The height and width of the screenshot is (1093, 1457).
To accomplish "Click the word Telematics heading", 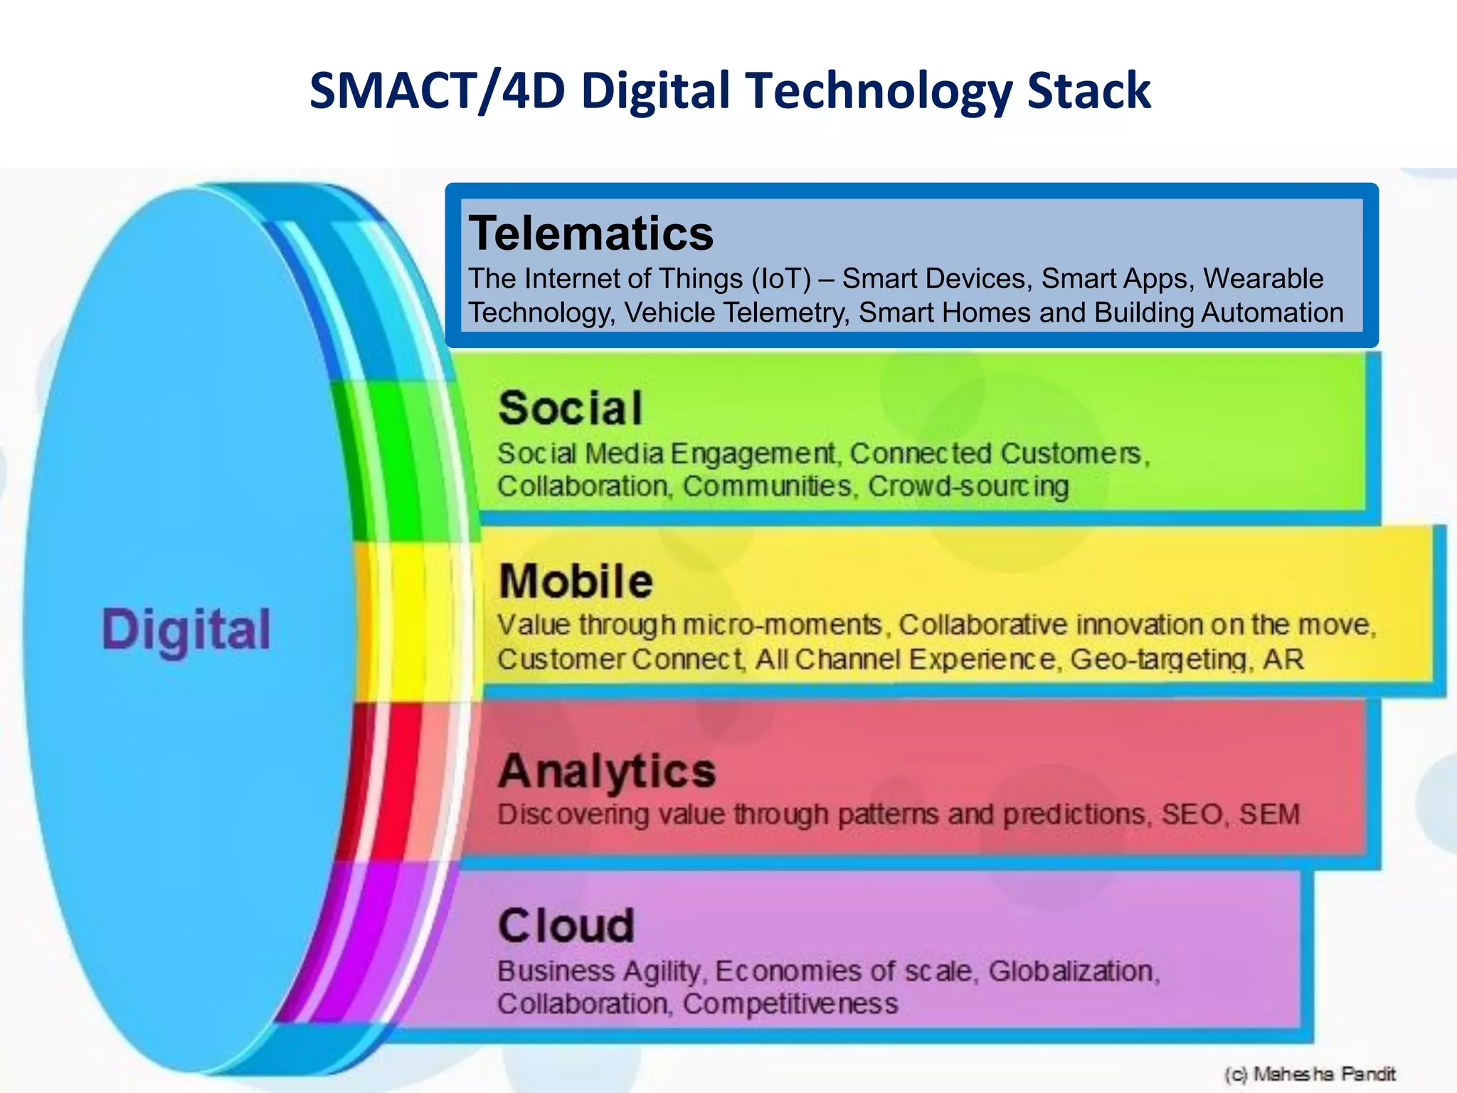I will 590,233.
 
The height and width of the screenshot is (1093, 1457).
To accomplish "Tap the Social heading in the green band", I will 571,408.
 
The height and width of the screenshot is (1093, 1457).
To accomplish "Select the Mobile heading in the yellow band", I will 576,581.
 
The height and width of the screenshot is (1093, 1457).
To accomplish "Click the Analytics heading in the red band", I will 607,771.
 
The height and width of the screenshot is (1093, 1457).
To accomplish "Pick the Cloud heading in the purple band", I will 566,926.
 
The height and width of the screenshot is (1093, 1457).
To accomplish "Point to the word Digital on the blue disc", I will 186,630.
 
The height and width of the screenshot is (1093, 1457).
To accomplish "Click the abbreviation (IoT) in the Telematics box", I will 781,279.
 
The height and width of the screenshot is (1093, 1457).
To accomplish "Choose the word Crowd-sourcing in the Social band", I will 968,487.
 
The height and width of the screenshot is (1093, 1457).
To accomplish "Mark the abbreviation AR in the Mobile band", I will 1283,660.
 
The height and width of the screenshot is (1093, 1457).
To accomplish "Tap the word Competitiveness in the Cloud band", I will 790,1004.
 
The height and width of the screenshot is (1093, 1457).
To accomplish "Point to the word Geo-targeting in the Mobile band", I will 1160,660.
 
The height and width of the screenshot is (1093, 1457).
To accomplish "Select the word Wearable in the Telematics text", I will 1263,279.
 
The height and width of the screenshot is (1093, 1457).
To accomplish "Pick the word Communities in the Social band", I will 767,487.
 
